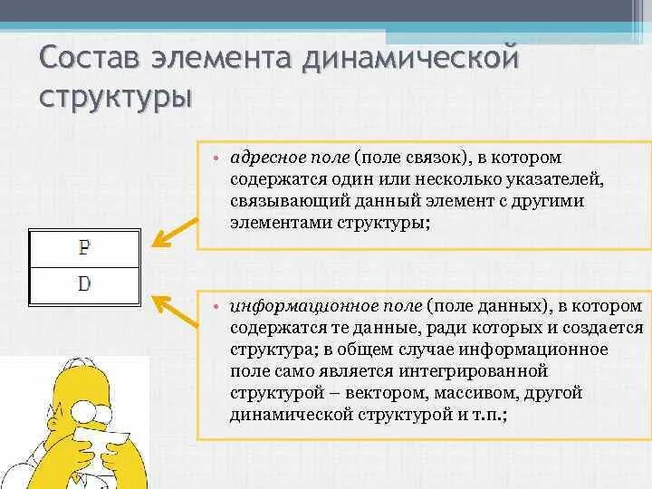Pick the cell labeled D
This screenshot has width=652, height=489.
coord(85,284)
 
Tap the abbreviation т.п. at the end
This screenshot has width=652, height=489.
coord(488,414)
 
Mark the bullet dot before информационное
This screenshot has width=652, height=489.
coord(217,309)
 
